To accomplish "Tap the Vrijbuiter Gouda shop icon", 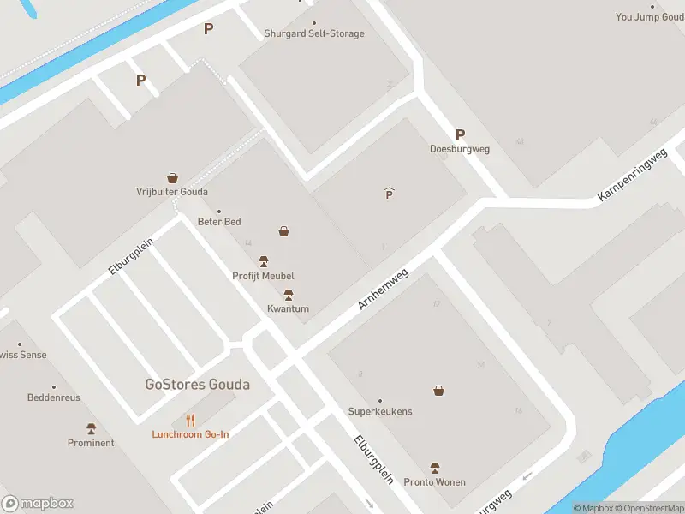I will (x=172, y=178).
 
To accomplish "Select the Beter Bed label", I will (x=219, y=222).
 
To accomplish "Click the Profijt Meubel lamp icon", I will (x=264, y=261).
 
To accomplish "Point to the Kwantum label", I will (x=288, y=309).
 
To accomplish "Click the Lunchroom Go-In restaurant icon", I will (x=190, y=421).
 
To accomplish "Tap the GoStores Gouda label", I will (x=197, y=384).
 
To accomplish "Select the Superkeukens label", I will (x=379, y=411).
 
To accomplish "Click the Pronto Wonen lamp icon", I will (x=435, y=468).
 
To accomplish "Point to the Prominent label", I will (x=91, y=443).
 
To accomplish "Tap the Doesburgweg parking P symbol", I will (x=460, y=134).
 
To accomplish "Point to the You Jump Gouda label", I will (x=650, y=17).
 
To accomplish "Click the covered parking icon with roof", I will (x=389, y=194).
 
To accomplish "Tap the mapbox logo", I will (x=38, y=504).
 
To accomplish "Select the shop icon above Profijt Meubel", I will (x=283, y=231).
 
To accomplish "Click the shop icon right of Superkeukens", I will (x=439, y=391).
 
